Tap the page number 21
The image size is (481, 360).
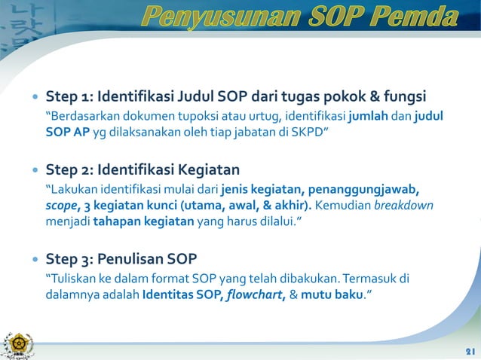click(x=469, y=352)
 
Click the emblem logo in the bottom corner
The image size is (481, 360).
click(x=16, y=343)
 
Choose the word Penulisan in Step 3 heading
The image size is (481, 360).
click(x=133, y=260)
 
